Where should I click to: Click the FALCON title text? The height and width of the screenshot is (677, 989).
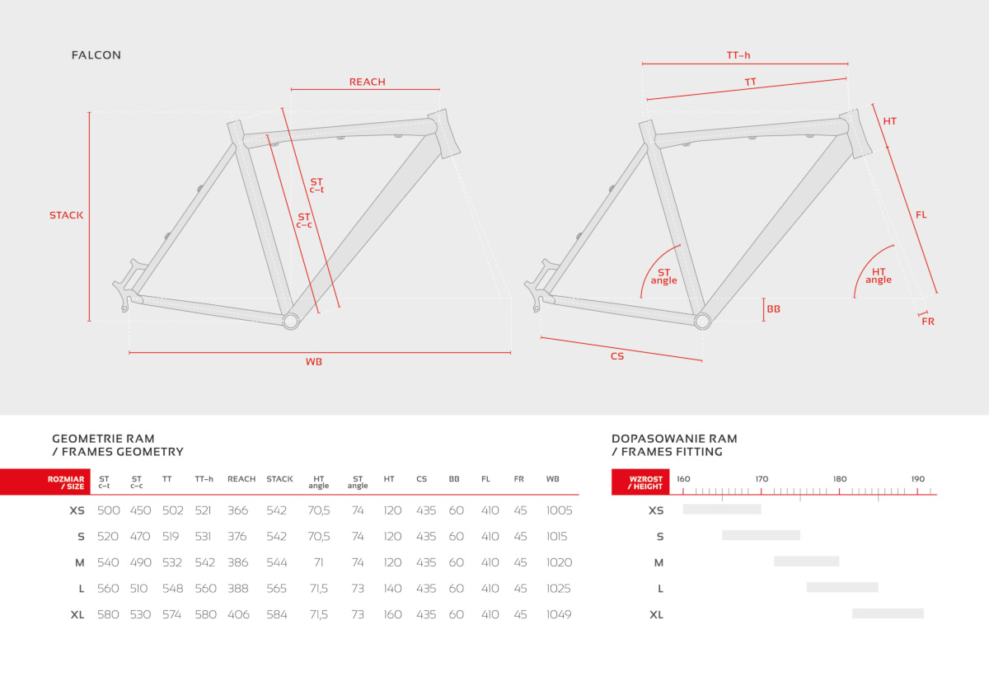point(96,55)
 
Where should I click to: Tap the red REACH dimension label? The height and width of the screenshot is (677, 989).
point(368,82)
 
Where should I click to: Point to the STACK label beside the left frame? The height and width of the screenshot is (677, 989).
point(66,215)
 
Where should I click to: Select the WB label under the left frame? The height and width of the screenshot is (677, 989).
point(314,362)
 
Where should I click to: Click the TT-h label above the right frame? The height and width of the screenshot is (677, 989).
point(738,55)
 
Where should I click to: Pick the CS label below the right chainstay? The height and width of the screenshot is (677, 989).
point(617,356)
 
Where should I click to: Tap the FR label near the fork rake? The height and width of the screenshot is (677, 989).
point(928,322)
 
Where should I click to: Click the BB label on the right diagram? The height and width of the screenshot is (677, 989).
point(774,309)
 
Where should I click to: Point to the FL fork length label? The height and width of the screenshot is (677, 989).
point(921,215)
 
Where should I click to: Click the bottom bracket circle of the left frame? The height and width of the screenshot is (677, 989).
point(291,321)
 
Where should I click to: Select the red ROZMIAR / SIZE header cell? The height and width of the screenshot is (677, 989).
point(45,482)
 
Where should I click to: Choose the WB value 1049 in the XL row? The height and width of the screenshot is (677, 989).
point(559,614)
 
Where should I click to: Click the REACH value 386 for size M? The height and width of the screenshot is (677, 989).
point(238,562)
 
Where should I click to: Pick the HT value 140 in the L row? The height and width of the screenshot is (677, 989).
point(392,588)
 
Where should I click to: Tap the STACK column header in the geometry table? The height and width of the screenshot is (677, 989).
point(279,479)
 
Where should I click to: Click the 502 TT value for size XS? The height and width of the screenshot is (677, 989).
point(172,510)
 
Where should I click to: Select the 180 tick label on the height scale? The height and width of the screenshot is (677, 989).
point(840,479)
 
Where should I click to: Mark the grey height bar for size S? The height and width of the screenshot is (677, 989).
point(762,535)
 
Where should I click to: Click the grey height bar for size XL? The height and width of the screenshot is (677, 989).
point(888,614)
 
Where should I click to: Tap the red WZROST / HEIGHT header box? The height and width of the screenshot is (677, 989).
point(640,482)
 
